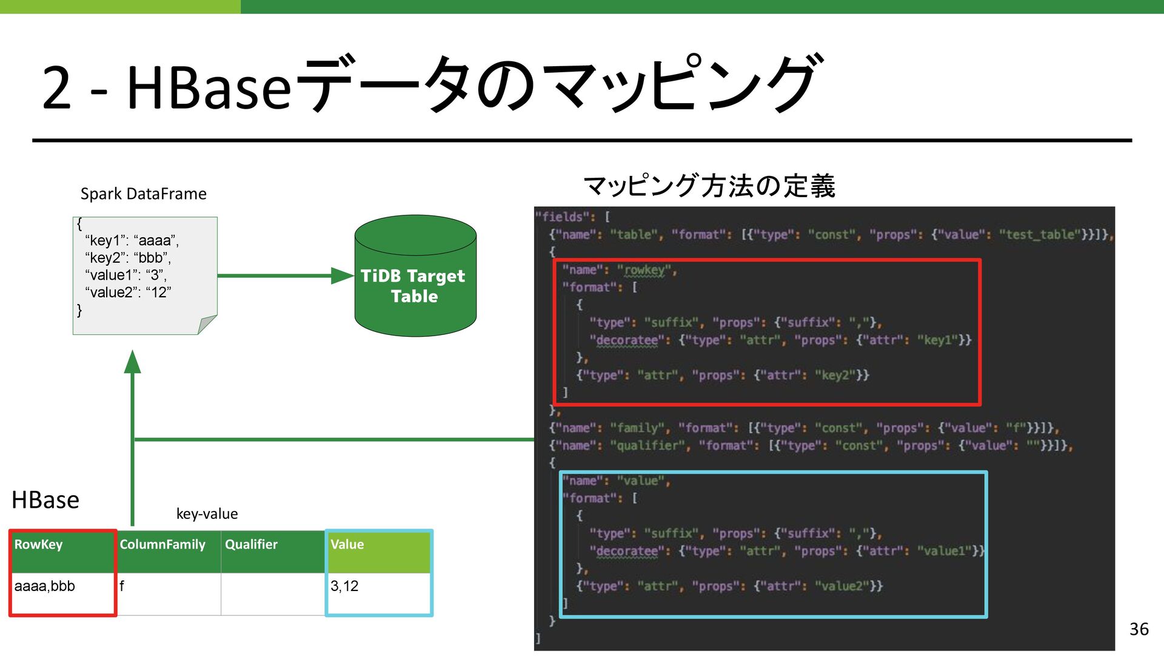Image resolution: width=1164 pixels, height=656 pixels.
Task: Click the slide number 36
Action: [x=1139, y=629]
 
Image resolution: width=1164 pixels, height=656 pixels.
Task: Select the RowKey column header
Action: [x=38, y=544]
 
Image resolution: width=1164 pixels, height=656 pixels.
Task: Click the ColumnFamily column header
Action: [x=162, y=544]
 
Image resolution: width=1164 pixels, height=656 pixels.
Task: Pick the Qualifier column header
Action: [x=251, y=544]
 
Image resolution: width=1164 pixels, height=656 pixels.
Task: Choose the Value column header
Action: [x=347, y=544]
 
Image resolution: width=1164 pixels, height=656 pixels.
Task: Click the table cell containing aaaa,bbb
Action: [x=45, y=586]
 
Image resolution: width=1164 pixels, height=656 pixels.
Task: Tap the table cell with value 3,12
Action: [x=344, y=586]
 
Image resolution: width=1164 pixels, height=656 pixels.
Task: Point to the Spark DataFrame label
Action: [x=143, y=194]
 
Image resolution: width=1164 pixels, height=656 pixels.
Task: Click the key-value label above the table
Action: [x=207, y=514]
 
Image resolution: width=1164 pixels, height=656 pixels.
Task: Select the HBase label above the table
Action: [x=45, y=500]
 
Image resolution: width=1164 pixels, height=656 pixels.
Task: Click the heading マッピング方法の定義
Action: [x=709, y=186]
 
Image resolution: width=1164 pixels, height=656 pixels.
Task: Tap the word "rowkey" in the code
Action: [x=644, y=270]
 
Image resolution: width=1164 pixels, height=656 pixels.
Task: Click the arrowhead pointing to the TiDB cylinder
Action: [x=343, y=276]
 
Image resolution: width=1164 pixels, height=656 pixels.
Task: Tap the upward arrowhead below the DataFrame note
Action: [x=132, y=362]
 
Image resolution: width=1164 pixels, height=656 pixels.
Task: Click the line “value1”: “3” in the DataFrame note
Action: [x=126, y=275]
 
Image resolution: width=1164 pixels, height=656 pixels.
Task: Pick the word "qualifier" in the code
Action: [x=647, y=446]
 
